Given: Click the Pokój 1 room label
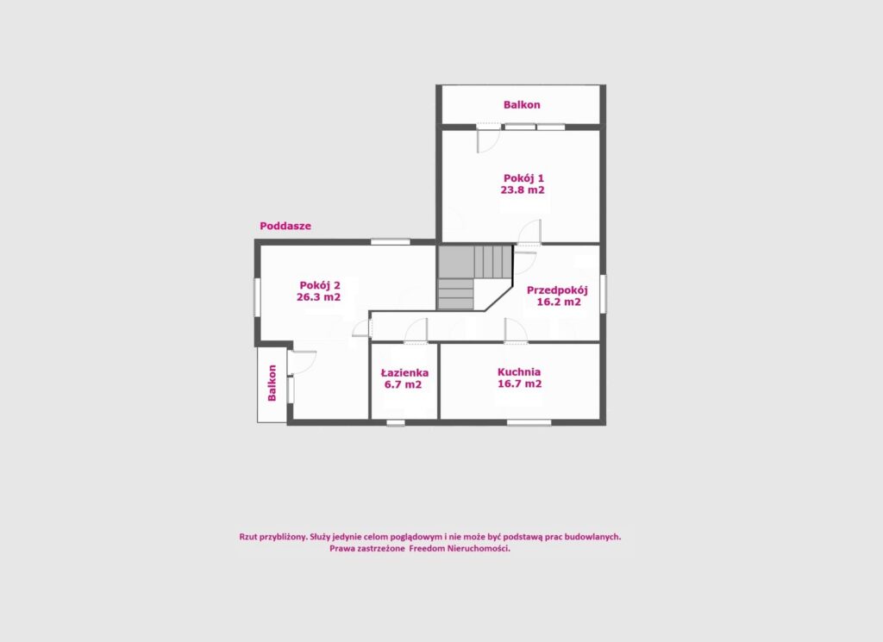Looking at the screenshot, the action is click(523, 179).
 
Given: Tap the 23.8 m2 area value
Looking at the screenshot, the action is click(523, 190).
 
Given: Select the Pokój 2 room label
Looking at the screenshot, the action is click(319, 285).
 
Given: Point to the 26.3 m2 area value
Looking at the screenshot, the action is click(319, 297).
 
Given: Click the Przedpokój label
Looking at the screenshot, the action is click(558, 291).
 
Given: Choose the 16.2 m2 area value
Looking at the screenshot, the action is click(559, 302).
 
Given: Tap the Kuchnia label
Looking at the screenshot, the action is click(519, 372).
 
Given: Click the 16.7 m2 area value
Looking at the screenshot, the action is click(520, 383).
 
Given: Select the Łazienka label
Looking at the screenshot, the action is click(405, 373).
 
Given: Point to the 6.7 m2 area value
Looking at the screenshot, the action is click(404, 385).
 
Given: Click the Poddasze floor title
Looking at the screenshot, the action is click(285, 226).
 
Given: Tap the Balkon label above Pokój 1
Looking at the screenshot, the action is click(522, 104).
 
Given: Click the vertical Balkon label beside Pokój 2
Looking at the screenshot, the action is click(272, 383).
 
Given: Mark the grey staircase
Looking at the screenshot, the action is click(474, 277).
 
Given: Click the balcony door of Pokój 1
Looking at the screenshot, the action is click(488, 139).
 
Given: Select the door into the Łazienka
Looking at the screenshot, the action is click(416, 331).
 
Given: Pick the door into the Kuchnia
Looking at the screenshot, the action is click(516, 331).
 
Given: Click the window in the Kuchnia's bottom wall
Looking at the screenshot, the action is click(529, 422).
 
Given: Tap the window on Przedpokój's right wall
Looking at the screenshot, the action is click(603, 294).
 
